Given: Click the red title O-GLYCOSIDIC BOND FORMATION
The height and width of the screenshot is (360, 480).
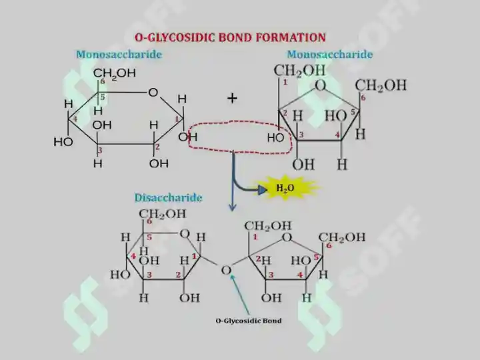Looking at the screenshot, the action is [x=230, y=37].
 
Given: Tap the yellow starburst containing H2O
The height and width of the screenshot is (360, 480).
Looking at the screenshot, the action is [x=286, y=187].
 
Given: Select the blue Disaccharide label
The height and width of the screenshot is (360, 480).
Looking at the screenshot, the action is [x=169, y=197].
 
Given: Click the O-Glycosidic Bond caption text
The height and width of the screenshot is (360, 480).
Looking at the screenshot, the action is [x=249, y=321].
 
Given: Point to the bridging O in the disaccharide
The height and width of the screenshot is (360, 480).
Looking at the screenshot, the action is [x=226, y=270].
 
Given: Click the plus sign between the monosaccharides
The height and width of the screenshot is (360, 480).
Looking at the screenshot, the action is [x=233, y=98].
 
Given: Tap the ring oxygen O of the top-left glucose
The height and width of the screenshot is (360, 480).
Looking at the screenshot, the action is [x=153, y=92].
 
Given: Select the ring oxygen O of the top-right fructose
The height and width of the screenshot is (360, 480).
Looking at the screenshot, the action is [x=320, y=85].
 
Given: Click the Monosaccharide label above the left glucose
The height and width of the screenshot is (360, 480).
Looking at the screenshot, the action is [x=119, y=54].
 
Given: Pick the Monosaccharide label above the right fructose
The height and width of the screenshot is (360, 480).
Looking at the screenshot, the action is [x=330, y=54].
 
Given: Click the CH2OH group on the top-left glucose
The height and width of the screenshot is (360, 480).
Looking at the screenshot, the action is [x=114, y=73].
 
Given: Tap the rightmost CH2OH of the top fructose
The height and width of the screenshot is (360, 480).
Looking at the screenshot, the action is [x=381, y=85].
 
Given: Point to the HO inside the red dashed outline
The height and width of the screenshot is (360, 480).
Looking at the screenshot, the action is [x=276, y=138].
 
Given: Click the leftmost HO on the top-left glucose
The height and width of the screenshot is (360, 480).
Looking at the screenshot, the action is [x=63, y=142].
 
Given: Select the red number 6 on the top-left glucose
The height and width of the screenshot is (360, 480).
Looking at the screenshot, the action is [x=103, y=81].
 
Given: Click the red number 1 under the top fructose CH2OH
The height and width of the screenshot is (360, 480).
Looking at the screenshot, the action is [x=285, y=82].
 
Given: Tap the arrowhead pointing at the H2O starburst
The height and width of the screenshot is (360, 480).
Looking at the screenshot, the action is [x=263, y=190].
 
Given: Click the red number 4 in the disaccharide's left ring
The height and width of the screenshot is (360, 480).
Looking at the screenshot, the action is [x=133, y=256].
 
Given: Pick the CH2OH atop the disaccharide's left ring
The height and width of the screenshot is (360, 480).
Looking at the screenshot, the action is [x=163, y=214].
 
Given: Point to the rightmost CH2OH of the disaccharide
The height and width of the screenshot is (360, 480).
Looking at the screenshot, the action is [x=342, y=237].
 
